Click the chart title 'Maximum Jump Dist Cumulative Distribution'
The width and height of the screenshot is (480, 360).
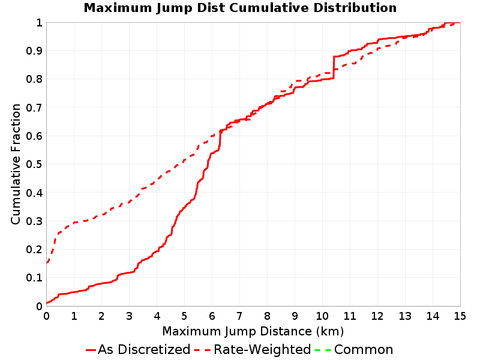(x=240, y=8)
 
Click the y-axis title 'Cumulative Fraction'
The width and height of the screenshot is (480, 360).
(x=16, y=164)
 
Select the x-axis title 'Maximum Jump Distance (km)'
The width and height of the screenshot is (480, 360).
(x=253, y=331)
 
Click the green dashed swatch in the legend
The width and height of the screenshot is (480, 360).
(x=323, y=350)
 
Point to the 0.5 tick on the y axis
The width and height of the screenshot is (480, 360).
(x=34, y=164)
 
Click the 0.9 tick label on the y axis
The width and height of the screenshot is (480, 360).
(x=34, y=51)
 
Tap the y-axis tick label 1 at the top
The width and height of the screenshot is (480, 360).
(x=39, y=23)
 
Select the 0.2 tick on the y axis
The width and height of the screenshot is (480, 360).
(x=34, y=250)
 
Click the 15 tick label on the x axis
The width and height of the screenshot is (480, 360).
(x=460, y=316)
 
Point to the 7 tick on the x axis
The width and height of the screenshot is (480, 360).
(x=239, y=316)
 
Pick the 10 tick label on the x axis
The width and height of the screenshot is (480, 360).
(x=322, y=316)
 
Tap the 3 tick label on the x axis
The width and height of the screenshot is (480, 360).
(x=129, y=316)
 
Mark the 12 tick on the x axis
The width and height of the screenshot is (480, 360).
(x=377, y=316)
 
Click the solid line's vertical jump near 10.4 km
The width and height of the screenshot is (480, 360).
(x=334, y=68)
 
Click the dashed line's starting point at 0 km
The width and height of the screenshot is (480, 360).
(x=47, y=263)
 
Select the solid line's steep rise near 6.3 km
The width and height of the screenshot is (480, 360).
(x=220, y=140)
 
